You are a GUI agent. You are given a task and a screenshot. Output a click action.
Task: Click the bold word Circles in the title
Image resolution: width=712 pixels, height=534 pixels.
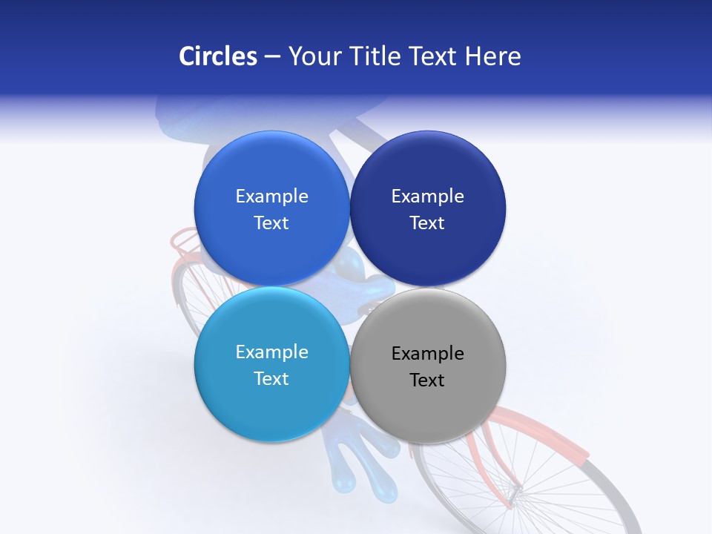point(217,56)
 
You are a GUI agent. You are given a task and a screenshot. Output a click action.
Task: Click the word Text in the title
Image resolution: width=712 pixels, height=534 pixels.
point(434,56)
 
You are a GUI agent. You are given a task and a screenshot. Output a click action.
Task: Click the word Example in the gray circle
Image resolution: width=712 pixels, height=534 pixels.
point(427,354)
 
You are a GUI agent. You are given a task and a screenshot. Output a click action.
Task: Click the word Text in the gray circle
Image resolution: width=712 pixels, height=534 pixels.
point(427,380)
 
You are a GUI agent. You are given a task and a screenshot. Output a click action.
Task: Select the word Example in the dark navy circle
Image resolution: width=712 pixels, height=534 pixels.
point(427,197)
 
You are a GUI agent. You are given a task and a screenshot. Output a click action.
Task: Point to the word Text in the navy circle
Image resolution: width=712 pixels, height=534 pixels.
point(427,223)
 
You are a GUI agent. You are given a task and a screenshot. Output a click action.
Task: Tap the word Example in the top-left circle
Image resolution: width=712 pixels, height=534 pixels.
point(271,197)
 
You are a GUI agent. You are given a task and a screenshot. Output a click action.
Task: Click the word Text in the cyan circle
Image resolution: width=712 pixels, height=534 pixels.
point(271,379)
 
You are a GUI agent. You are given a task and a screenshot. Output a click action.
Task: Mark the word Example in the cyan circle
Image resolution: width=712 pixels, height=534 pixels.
point(271,352)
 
